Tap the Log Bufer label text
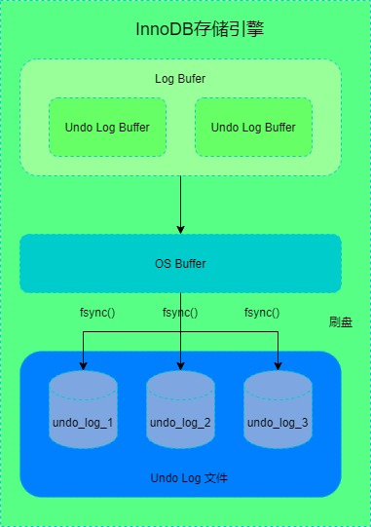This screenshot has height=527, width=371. pos(180,78)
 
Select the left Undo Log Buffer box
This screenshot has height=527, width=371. pos(107,127)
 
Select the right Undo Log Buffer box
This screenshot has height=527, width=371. pos(253,127)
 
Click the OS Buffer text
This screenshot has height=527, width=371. pos(180,264)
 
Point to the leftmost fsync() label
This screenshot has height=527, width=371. pos(96,313)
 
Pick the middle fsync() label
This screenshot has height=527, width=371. pos(180,313)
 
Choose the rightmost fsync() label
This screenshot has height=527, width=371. pos(262,313)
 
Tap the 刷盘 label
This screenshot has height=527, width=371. pos(340,321)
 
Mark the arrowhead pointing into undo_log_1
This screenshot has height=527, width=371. pos(83,365)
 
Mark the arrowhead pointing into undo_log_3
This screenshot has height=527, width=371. pos(278,365)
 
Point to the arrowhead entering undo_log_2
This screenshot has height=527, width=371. pos(181,365)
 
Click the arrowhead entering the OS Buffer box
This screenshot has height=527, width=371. pos(181,228)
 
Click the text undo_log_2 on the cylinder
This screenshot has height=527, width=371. pos(180,423)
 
